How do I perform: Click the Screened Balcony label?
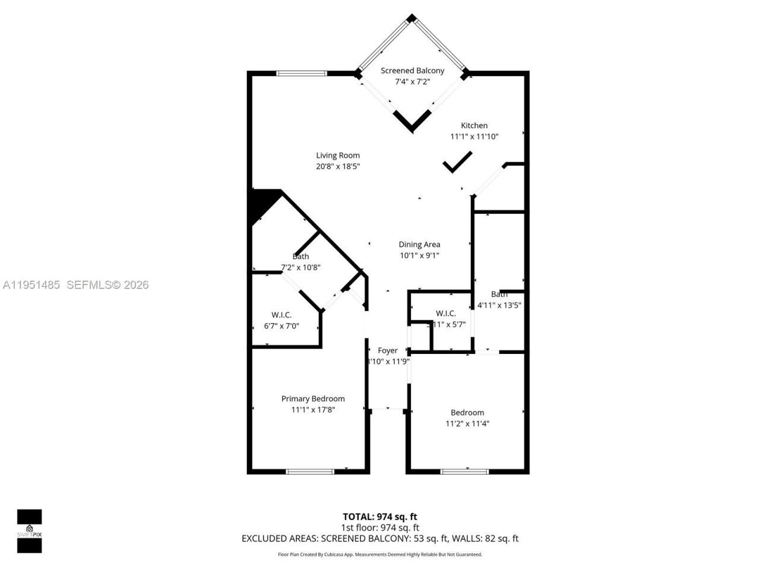(x=412, y=71)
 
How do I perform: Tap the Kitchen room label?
(x=474, y=125)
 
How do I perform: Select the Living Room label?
(x=338, y=156)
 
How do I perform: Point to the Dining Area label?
(x=419, y=245)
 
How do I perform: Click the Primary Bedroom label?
(x=313, y=399)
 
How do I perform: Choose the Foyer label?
(x=388, y=351)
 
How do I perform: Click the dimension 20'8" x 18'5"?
(x=338, y=167)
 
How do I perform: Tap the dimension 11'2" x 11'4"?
(x=467, y=424)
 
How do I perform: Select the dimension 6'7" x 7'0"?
(x=281, y=326)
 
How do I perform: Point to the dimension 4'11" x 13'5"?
(x=499, y=306)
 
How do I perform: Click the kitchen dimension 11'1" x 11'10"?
(x=474, y=137)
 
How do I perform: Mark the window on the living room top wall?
(x=302, y=74)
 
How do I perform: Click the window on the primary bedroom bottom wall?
(x=310, y=471)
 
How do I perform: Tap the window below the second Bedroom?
(x=464, y=471)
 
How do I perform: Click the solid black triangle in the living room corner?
(x=262, y=202)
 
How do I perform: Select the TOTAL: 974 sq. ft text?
(x=380, y=517)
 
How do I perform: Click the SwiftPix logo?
(x=29, y=531)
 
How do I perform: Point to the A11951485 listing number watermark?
(x=31, y=285)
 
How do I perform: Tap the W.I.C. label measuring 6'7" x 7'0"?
(x=281, y=315)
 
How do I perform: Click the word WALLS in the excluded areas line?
(x=467, y=539)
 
